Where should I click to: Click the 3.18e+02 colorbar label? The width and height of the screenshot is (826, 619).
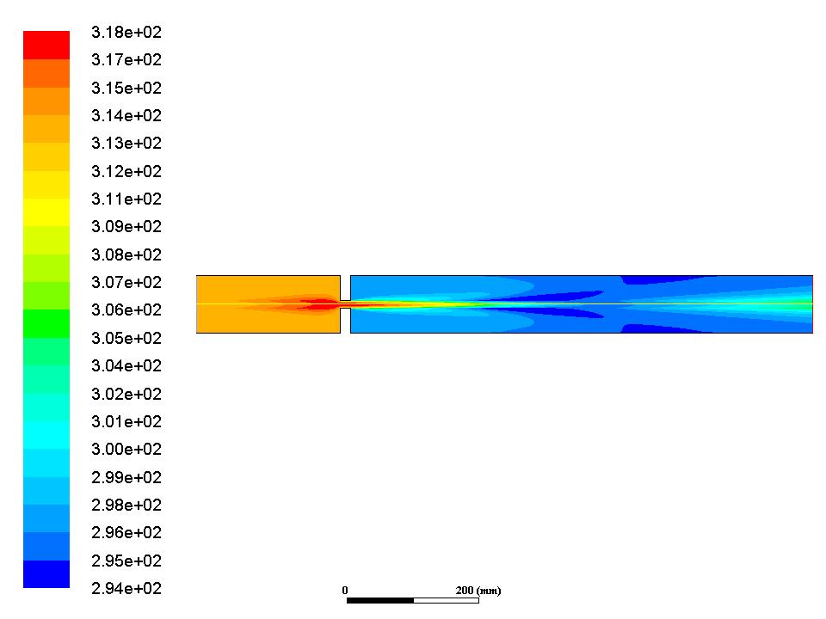[126, 32]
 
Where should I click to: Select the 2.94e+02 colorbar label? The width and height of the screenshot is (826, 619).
[126, 588]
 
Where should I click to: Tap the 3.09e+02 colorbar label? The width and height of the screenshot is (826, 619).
[126, 226]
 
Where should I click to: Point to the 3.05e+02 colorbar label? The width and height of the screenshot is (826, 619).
[126, 337]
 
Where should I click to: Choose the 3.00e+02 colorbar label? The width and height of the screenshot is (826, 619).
[126, 449]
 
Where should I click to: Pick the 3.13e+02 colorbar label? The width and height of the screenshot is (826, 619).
[126, 144]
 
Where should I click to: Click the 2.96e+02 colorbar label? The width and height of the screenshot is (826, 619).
[126, 532]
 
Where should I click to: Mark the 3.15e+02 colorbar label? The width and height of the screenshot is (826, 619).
[126, 88]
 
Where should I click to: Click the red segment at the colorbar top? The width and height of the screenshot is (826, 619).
[46, 46]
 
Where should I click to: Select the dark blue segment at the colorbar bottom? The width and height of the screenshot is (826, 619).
[46, 573]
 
